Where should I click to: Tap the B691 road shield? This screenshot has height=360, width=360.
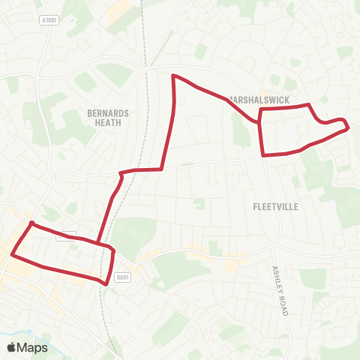[123, 278]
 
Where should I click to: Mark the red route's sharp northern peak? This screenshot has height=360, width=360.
[174, 76]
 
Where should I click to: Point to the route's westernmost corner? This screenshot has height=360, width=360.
[10, 255]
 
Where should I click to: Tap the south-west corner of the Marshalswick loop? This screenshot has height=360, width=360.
[263, 155]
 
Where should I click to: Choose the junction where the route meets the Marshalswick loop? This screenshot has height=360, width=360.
[259, 118]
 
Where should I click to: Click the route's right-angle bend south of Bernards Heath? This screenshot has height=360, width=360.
[162, 169]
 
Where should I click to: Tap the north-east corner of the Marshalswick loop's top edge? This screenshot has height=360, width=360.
[309, 105]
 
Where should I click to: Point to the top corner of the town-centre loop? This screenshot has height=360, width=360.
[31, 223]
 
